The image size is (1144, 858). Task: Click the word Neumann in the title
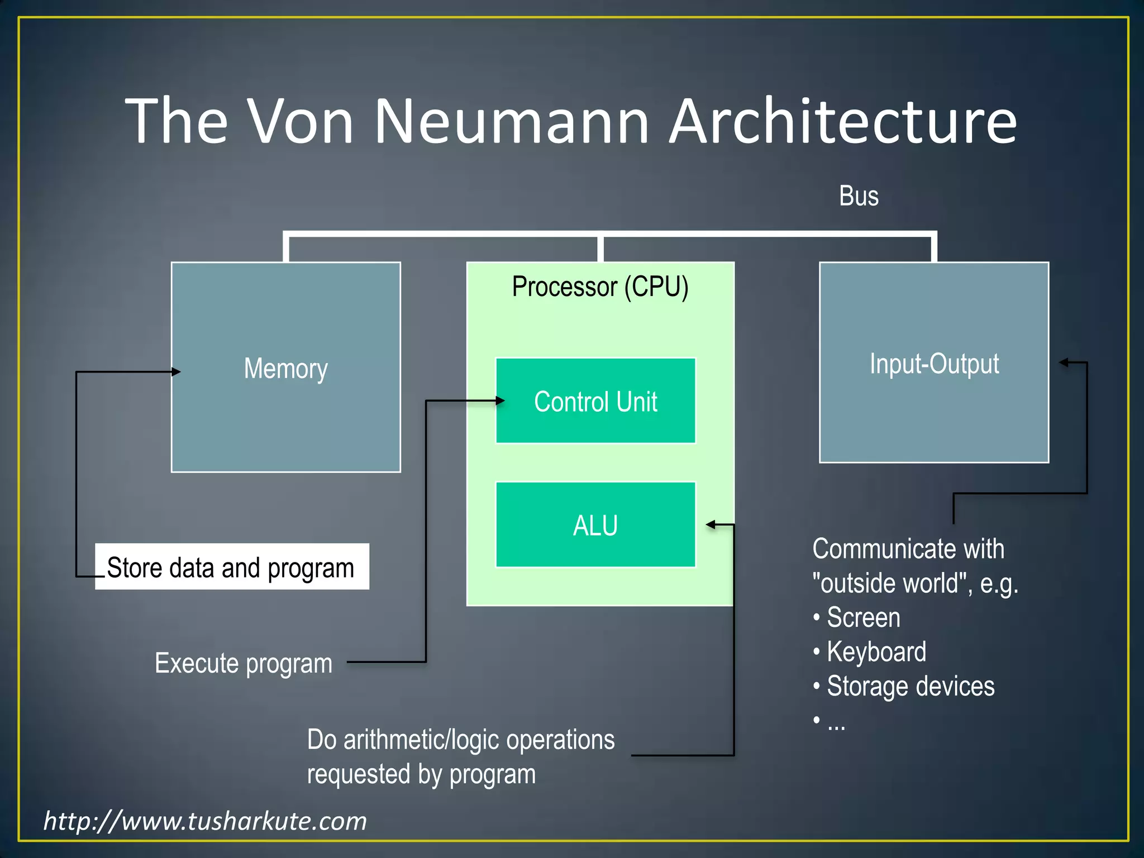coord(511,122)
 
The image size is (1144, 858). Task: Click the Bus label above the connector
coord(859,196)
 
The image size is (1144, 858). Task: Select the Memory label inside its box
coord(285,369)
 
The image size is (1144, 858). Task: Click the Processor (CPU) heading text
coord(600,287)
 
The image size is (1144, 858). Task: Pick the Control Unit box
coord(595,401)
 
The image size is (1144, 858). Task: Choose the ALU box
coord(595,525)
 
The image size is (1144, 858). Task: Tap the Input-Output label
coord(934,364)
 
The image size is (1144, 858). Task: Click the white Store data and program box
coord(231,567)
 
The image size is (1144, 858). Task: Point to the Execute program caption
coord(244,664)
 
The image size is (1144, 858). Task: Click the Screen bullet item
coord(863,618)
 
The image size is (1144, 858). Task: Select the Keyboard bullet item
coord(876,652)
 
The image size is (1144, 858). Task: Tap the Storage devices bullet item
coord(910,687)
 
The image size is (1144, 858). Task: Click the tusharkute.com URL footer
coord(205,821)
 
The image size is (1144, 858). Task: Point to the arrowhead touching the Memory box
coord(176,371)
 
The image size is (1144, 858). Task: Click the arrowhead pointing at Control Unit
coord(500,401)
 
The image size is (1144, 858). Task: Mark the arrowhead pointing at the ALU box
coord(711,525)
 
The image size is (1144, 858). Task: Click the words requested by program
coord(421,774)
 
